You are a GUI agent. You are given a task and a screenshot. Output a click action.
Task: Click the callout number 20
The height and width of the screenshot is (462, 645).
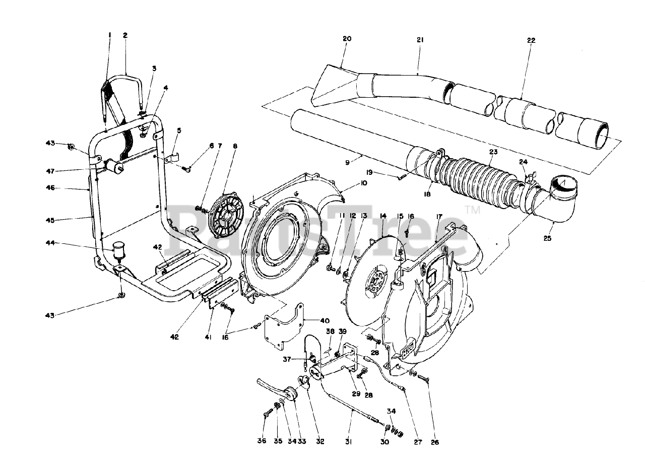tap(347, 39)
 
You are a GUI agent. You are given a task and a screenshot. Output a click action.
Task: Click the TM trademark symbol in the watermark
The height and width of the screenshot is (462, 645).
tap(472, 210)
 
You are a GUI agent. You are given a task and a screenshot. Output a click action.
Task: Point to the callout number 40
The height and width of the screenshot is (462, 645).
tap(324, 320)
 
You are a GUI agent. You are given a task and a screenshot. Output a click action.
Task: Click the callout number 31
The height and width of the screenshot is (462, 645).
tap(348, 442)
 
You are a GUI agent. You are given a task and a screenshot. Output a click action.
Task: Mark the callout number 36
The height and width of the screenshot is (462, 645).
tap(261, 441)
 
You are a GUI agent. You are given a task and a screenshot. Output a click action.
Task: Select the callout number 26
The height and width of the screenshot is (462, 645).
tap(434, 442)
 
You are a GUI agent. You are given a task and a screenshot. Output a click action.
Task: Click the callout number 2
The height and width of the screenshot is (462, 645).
tap(125, 35)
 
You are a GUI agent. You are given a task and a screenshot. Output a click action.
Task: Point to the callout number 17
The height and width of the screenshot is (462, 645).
tap(439, 217)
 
